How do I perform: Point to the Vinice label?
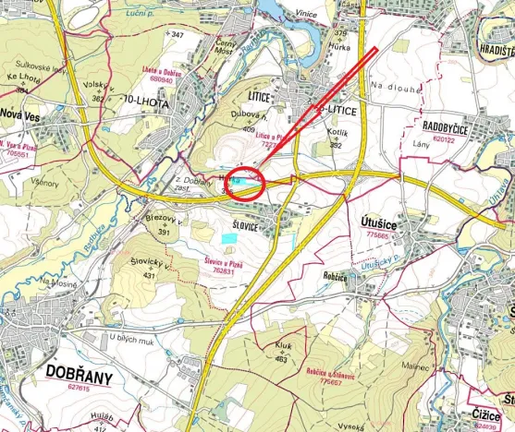305,13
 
